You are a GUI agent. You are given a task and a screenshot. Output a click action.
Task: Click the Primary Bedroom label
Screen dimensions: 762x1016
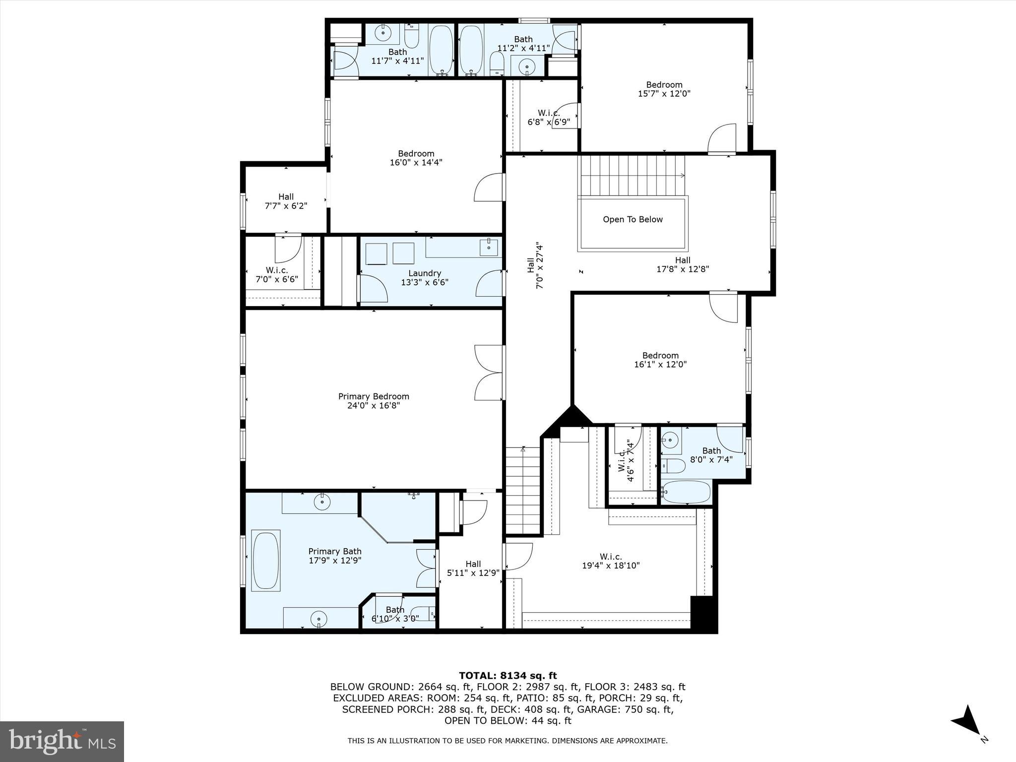374,396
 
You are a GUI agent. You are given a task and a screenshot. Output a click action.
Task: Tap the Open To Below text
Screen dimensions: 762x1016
633,219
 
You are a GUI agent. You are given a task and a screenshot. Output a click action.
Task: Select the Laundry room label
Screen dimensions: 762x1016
425,273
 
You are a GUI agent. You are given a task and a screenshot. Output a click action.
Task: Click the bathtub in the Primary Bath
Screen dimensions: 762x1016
266,561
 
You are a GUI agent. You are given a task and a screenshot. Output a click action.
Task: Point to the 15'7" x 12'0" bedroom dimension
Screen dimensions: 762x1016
664,93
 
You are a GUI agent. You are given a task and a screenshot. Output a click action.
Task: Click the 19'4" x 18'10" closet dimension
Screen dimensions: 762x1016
611,566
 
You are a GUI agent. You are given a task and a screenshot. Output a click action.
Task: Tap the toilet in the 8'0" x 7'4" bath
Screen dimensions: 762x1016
673,466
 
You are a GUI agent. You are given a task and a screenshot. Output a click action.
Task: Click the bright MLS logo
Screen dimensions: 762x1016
62,741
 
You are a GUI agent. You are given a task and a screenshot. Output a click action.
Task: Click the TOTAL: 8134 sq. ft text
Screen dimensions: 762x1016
508,675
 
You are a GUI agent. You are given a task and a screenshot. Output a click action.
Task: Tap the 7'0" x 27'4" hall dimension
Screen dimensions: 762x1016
540,265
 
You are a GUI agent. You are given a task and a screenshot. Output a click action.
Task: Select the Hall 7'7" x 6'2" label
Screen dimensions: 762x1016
286,201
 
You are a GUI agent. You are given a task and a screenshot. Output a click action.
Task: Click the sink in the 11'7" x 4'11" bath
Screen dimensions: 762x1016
382,34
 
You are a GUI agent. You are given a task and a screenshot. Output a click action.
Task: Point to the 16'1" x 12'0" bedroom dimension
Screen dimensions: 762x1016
660,364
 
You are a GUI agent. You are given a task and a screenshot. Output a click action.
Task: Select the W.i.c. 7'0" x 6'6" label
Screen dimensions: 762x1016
276,274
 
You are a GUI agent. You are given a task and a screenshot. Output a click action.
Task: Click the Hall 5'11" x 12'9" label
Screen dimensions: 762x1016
473,568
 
